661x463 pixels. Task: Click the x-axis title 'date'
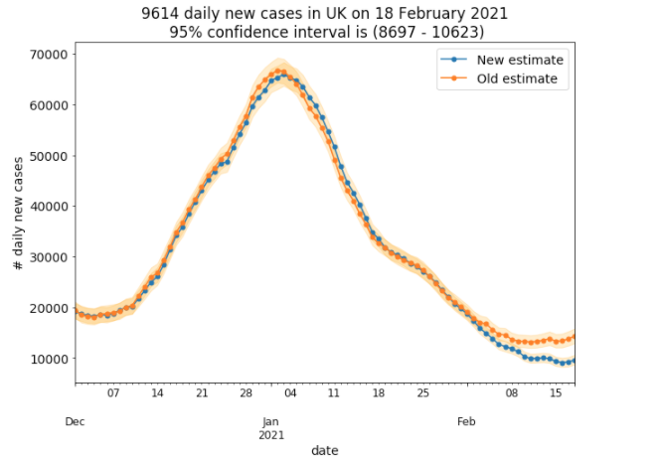(324, 450)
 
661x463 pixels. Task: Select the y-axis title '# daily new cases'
(18, 213)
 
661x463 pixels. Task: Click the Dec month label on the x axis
(76, 421)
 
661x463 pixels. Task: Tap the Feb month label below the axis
(466, 421)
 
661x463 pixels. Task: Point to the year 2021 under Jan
(271, 434)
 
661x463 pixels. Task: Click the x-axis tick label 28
(247, 393)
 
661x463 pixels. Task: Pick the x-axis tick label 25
(423, 393)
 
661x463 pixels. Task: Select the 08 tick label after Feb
(512, 393)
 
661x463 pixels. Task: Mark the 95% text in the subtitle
(187, 31)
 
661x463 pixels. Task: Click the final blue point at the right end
(574, 361)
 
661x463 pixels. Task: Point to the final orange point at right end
(574, 337)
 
